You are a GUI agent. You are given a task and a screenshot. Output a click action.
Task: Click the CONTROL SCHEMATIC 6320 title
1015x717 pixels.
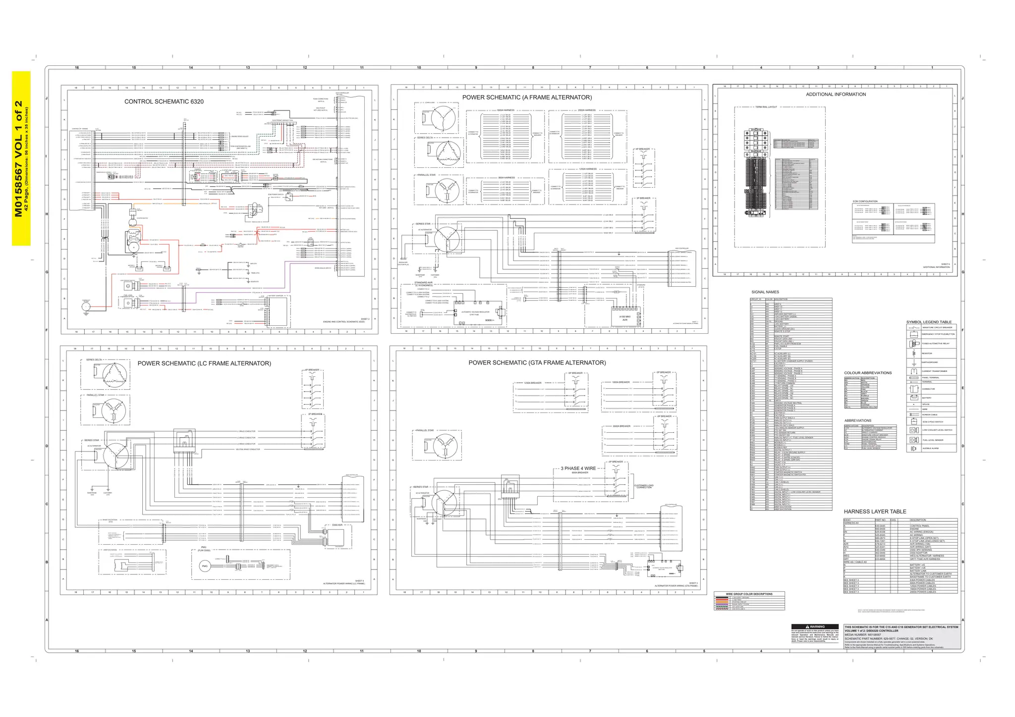[x=164, y=102]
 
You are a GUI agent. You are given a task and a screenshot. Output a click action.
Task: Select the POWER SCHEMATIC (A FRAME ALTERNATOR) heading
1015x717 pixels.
[x=527, y=98]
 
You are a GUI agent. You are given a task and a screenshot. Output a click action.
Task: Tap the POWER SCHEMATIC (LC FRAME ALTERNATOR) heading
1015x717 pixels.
[x=204, y=363]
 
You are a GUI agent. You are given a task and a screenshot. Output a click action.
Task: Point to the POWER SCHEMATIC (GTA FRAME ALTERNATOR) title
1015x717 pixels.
[x=537, y=363]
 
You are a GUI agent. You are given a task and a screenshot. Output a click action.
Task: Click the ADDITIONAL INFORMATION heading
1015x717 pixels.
[x=836, y=95]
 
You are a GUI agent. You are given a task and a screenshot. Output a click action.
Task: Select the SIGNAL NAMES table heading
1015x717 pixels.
[x=765, y=292]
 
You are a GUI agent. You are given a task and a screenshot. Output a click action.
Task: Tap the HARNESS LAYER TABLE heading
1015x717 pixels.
[x=875, y=512]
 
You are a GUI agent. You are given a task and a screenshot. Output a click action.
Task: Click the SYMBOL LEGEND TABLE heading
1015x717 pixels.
[x=929, y=322]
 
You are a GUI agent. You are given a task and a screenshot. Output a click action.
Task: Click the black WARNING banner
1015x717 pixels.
[x=815, y=627]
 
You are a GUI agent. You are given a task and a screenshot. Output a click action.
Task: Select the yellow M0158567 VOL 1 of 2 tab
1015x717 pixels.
[x=21, y=158]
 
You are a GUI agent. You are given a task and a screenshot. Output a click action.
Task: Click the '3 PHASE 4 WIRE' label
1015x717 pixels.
[x=578, y=468]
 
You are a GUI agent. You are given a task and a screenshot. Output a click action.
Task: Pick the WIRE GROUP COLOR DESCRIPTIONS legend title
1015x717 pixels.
[x=749, y=594]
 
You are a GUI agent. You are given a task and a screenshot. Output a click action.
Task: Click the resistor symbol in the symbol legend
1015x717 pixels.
[x=913, y=353]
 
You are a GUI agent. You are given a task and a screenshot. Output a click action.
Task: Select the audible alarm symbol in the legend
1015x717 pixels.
[x=913, y=449]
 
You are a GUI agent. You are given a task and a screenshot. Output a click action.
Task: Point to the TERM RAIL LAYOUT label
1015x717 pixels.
[x=766, y=107]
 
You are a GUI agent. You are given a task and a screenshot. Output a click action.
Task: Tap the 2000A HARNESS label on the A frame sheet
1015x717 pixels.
[x=586, y=110]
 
